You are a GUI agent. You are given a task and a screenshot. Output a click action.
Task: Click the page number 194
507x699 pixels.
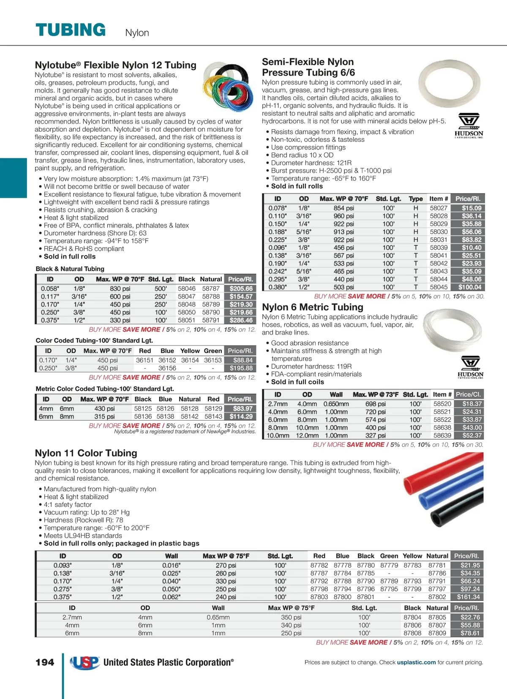point(45,662)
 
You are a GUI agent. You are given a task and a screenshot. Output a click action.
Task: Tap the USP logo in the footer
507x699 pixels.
point(84,663)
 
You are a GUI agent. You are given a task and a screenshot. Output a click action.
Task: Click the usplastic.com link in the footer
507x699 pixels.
point(416,662)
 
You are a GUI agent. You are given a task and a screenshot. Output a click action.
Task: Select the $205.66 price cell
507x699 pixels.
point(241,288)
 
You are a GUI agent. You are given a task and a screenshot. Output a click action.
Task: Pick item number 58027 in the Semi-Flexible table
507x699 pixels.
point(439,208)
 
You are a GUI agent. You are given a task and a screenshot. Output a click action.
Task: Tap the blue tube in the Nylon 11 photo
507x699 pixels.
point(448,496)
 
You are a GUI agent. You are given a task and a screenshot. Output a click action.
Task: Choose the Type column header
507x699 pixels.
point(416,199)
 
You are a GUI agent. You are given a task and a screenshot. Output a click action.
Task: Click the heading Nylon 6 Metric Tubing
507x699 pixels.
point(313,307)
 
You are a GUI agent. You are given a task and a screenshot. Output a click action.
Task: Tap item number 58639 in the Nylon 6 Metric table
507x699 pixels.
point(442,435)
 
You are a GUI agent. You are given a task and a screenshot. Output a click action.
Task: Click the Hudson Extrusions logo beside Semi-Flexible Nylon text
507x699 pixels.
point(469,125)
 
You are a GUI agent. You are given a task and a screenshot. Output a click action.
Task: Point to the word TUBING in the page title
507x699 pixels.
point(71,30)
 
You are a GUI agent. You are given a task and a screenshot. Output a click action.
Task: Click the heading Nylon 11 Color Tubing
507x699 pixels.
point(86,453)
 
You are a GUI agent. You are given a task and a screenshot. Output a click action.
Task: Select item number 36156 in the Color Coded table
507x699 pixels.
point(167,368)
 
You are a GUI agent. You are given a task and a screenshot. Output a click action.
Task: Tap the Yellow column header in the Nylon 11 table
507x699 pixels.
point(412,556)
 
